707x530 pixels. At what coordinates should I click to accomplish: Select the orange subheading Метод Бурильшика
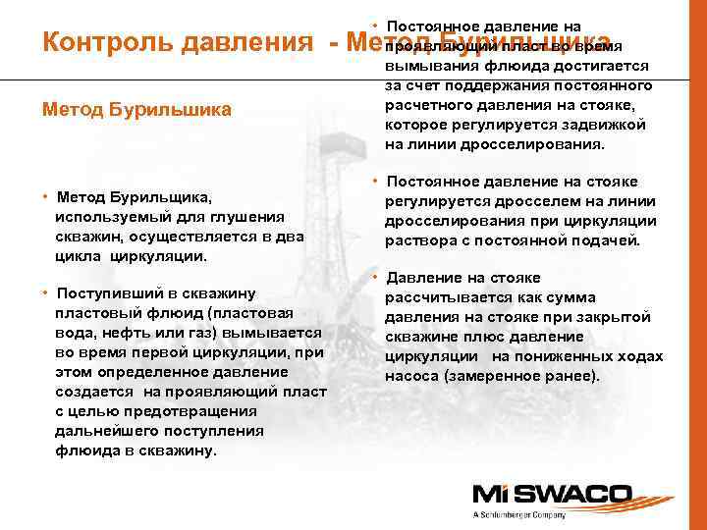136,110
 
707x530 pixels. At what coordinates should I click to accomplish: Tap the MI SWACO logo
525,494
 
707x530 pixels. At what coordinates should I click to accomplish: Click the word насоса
408,376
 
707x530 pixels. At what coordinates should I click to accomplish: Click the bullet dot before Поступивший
45,293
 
